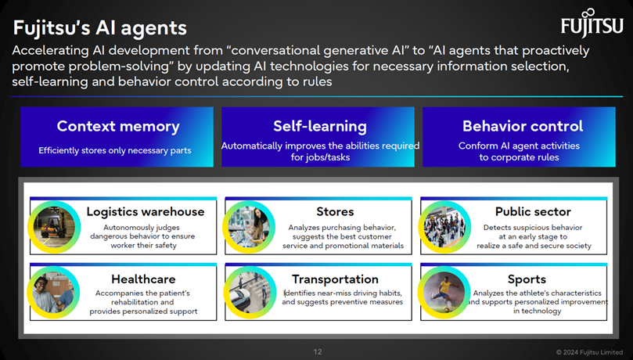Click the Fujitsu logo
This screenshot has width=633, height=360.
[x=592, y=23]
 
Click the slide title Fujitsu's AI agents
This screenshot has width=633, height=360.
[x=100, y=28]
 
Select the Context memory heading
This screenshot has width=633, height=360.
[x=118, y=126]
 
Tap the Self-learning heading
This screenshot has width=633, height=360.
[x=320, y=126]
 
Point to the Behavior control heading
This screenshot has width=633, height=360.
[x=523, y=126]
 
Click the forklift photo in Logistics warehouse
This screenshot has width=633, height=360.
[x=54, y=227]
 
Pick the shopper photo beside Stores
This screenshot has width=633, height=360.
[x=249, y=227]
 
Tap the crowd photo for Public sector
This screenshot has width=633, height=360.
[x=444, y=227]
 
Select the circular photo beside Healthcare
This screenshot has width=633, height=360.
[x=53, y=293]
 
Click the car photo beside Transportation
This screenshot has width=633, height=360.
[x=249, y=293]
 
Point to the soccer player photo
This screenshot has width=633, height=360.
[x=444, y=293]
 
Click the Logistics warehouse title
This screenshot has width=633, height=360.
[x=146, y=212]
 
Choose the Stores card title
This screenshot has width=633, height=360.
[x=335, y=212]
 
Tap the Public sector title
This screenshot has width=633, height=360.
[x=533, y=212]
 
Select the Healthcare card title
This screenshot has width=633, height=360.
[x=143, y=279]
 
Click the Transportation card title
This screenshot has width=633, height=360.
[x=335, y=279]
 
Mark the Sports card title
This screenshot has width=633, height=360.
[x=527, y=279]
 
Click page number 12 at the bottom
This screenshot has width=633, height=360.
[x=318, y=351]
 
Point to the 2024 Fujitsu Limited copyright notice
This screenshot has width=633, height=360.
[x=589, y=352]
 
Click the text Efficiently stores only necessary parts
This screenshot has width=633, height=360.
[x=115, y=150]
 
